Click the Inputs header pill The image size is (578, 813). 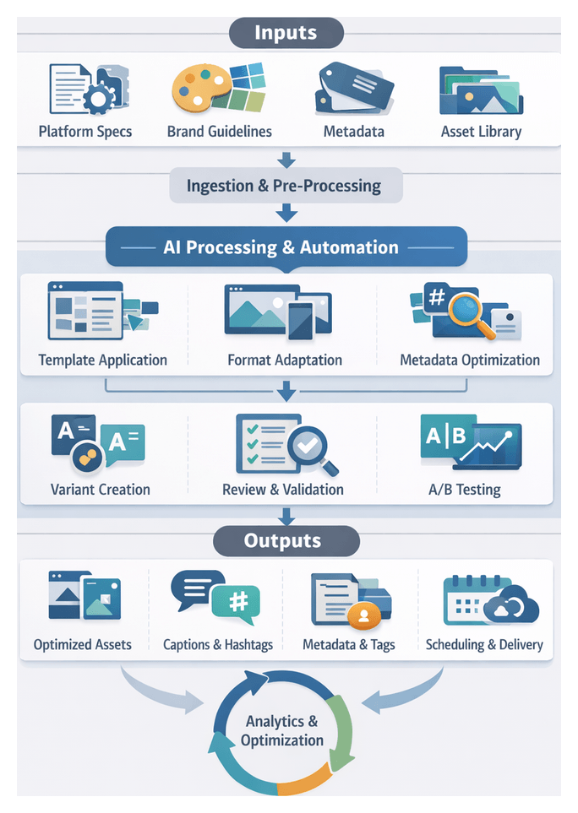(x=286, y=33)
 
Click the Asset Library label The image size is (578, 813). (x=481, y=132)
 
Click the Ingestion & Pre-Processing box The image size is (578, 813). (x=284, y=186)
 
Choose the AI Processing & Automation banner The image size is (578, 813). (x=286, y=248)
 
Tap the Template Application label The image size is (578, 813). (x=102, y=360)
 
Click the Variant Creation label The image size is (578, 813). (x=100, y=490)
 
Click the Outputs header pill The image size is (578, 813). (x=286, y=541)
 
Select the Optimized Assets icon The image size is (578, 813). (x=83, y=597)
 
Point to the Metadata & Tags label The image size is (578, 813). (x=348, y=645)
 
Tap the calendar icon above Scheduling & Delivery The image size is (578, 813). (x=472, y=599)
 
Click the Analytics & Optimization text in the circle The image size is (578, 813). (x=282, y=731)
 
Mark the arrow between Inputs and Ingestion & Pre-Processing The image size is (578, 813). (x=286, y=160)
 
